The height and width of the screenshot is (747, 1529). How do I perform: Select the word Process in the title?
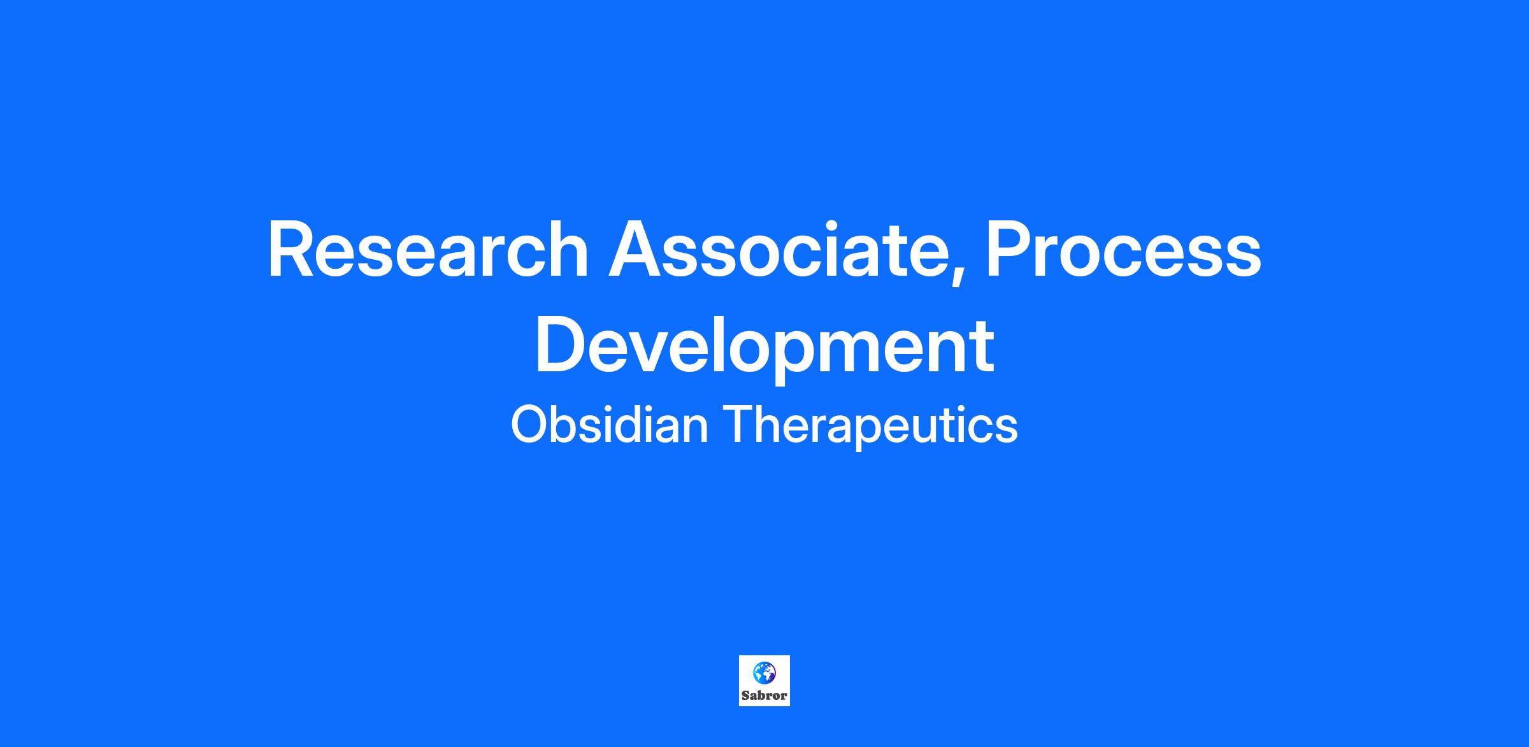coord(1123,250)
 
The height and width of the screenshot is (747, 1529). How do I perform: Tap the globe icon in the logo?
coord(764,671)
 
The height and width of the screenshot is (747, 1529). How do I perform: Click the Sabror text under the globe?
coord(764,695)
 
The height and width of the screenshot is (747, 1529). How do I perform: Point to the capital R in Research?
coord(292,250)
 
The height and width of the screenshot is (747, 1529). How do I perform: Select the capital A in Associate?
coord(636,250)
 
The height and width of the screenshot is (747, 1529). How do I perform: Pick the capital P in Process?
coord(1009,250)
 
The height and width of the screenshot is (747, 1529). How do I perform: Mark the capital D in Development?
coord(562,344)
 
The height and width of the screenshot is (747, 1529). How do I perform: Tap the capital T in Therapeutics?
coord(738,425)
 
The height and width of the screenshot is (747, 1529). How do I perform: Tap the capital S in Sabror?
coord(745,695)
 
